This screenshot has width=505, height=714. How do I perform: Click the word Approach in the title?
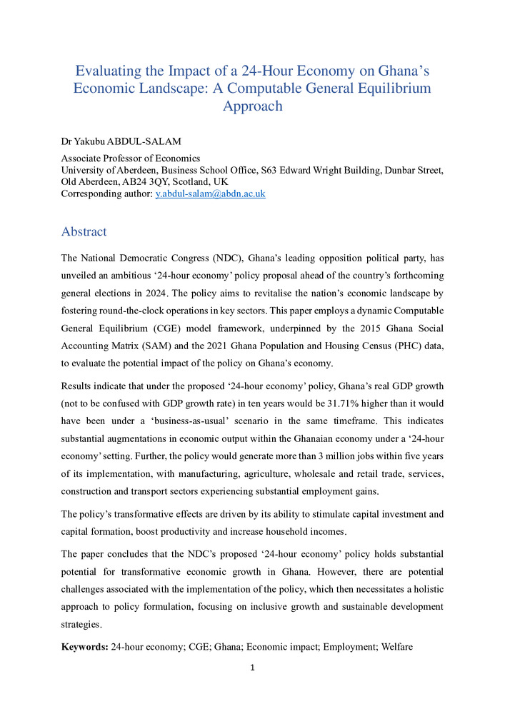click(x=253, y=106)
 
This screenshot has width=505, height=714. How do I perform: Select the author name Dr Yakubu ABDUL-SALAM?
click(x=121, y=141)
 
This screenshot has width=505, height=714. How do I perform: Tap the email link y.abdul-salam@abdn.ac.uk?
click(x=210, y=194)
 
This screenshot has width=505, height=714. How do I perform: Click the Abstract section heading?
click(x=84, y=232)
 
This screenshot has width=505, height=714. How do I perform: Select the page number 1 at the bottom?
click(x=253, y=668)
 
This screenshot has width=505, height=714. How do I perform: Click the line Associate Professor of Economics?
click(x=131, y=159)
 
